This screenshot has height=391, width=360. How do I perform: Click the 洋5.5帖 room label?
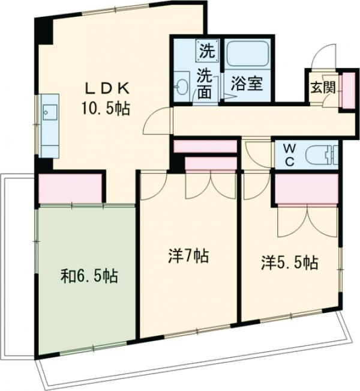point(289,262)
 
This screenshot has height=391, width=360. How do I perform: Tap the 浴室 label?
point(247,83)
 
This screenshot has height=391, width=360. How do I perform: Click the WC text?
point(287,154)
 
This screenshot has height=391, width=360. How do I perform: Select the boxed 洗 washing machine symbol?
point(206,50)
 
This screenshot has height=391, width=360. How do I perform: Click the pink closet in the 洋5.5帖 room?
point(305,189)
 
